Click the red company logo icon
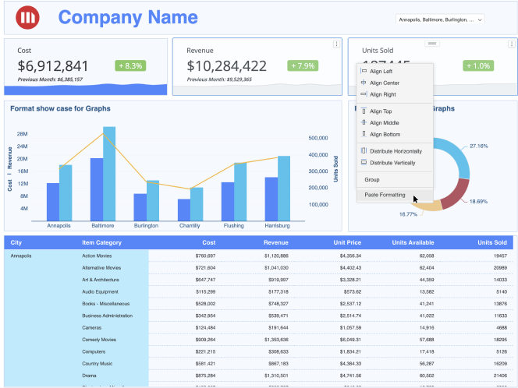click(29, 17)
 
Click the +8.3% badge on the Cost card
click(131, 66)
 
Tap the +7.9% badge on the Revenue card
click(303, 66)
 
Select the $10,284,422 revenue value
click(226, 66)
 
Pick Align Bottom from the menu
click(385, 135)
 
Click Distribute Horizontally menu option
click(396, 150)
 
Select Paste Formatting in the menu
click(385, 195)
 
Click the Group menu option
click(372, 180)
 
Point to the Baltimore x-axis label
click(103, 226)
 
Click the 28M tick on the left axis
click(23, 134)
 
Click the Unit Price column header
click(345, 243)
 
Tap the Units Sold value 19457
click(500, 256)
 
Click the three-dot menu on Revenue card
click(336, 44)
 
